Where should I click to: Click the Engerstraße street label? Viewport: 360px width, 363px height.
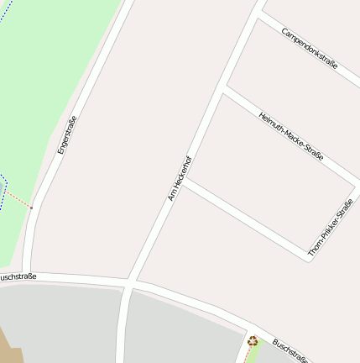point(67,134)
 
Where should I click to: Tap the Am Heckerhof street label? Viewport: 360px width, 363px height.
point(180,178)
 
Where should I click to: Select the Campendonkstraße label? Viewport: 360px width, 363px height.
point(310,48)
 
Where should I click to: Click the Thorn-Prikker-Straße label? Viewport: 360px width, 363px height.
point(330,227)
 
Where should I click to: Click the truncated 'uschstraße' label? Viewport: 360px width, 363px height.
point(18,276)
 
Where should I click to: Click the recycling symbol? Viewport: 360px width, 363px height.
point(253,340)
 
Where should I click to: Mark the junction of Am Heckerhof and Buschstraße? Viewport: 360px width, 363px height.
point(129,283)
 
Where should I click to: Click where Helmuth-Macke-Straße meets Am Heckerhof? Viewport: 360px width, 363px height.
point(223,88)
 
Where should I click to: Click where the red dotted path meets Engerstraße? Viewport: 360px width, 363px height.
point(34,207)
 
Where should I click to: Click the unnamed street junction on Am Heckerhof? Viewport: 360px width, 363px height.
point(185,181)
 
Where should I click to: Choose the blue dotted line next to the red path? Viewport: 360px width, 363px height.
point(3,180)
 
